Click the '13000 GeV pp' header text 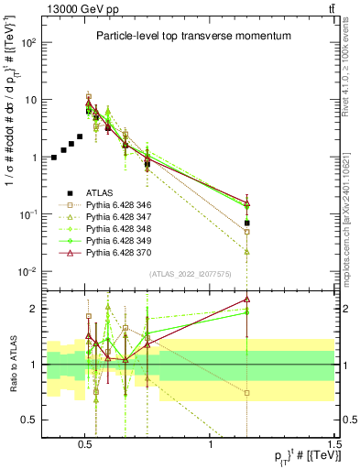76,9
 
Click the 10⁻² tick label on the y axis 27,272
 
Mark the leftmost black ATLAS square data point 54,158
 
